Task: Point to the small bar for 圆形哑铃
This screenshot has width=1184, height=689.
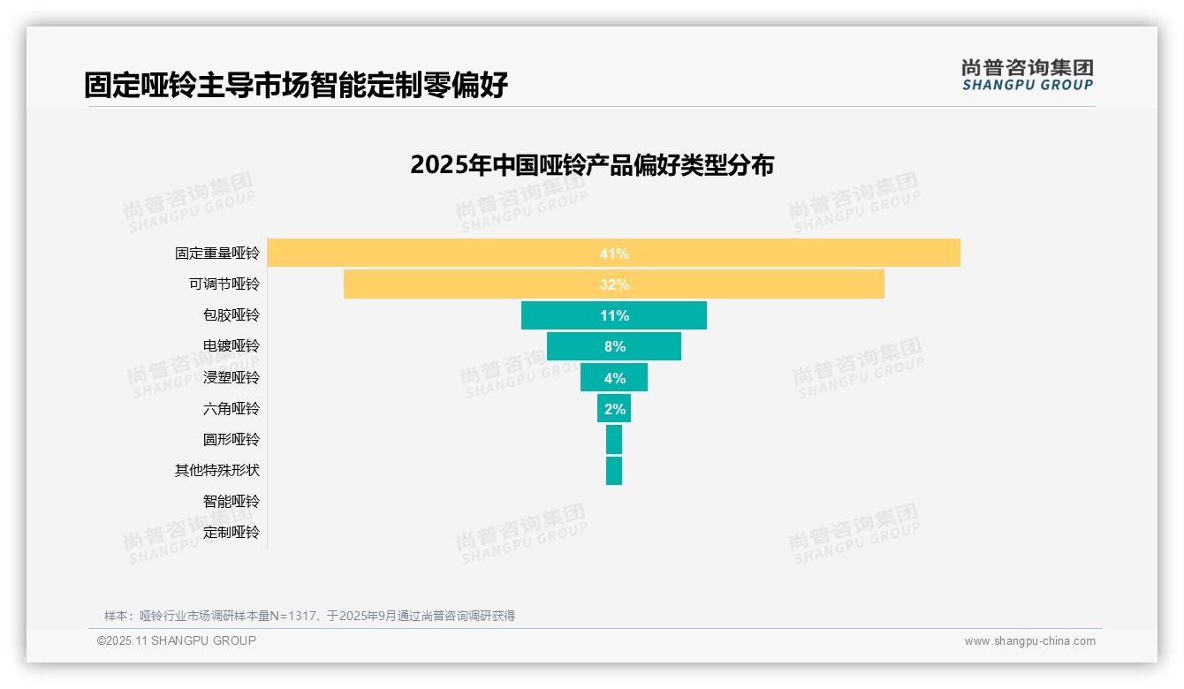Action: coord(614,440)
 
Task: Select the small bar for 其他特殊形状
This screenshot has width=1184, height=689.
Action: coord(614,471)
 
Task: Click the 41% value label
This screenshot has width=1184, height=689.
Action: coord(614,254)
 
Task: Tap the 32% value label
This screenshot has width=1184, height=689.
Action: coord(614,284)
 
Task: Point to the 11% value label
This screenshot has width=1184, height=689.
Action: coord(614,315)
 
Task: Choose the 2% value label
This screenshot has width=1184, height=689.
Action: coord(615,409)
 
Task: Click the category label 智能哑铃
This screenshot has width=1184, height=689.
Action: coord(231,502)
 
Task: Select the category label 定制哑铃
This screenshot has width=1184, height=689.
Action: coord(231,533)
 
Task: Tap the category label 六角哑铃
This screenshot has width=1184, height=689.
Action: coord(231,409)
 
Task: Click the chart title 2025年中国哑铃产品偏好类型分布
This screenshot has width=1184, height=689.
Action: coord(592,165)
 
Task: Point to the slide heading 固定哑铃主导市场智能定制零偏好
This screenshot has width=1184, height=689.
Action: coord(296,86)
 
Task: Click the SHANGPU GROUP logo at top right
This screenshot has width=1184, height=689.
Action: coord(1028,75)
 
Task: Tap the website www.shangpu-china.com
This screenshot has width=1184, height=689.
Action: coord(1029,641)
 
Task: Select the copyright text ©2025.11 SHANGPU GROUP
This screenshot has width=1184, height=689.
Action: coord(177,640)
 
